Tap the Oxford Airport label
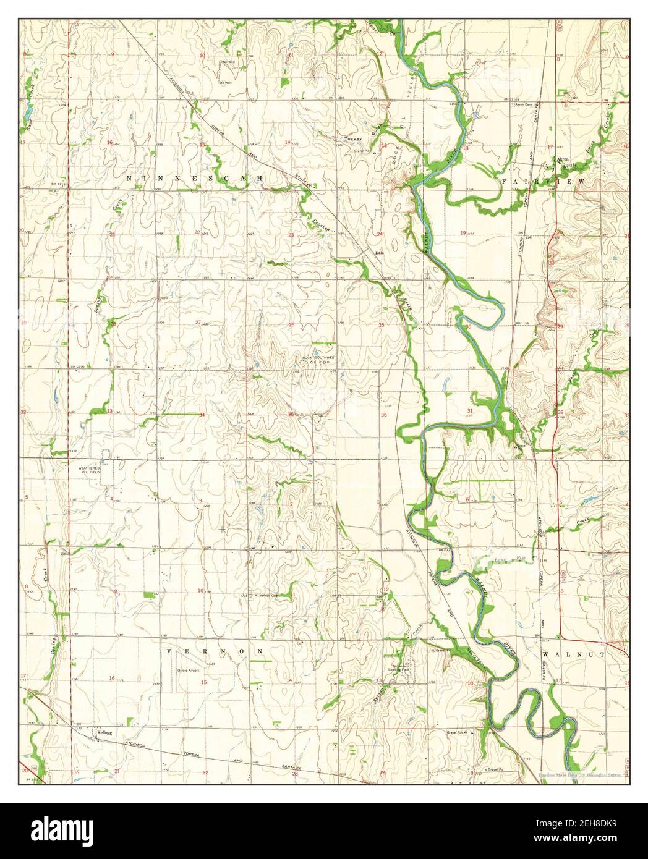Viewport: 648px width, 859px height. (190, 670)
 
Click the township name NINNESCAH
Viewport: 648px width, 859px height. (195, 178)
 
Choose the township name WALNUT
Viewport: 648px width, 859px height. (565, 653)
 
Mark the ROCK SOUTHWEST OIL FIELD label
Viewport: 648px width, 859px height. (316, 360)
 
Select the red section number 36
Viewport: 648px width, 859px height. (384, 415)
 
